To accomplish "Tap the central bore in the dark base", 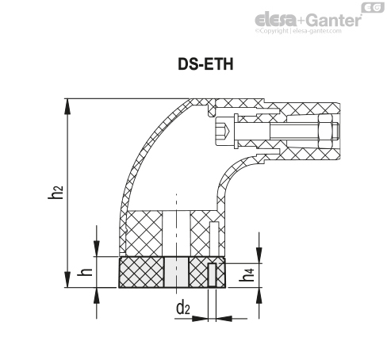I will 177,273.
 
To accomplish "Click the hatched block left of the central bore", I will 142,273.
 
